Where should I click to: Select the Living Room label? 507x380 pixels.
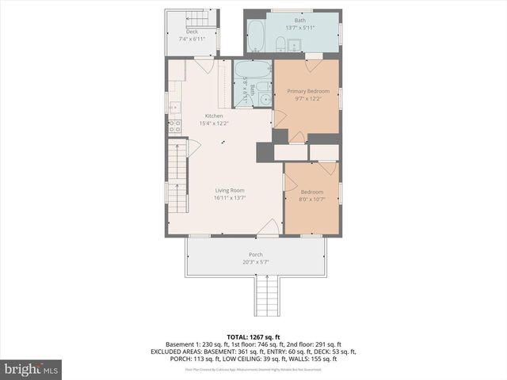(228, 190)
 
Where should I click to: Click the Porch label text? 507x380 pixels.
(256, 254)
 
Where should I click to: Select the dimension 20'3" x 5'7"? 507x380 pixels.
(256, 262)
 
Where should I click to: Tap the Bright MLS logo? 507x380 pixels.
(31, 369)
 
